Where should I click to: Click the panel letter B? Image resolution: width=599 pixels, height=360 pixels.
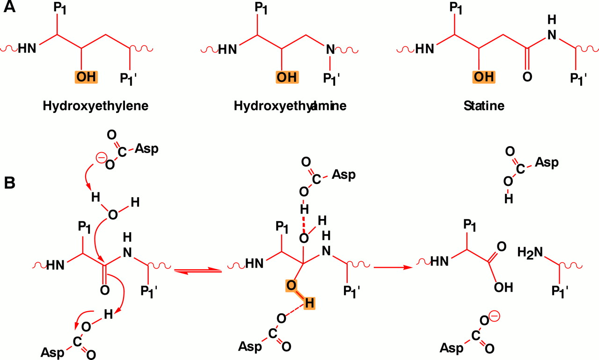click(x=10, y=183)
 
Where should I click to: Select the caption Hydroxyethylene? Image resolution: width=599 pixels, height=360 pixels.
click(x=95, y=106)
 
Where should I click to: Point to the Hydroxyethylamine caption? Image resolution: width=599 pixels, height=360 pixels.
click(x=290, y=106)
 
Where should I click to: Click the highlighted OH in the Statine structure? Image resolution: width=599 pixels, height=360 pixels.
click(x=484, y=76)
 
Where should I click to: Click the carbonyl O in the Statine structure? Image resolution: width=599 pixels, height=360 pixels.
click(x=527, y=77)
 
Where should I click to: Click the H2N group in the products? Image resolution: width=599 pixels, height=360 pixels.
click(x=530, y=253)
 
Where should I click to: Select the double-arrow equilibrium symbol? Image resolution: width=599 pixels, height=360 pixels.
click(x=198, y=270)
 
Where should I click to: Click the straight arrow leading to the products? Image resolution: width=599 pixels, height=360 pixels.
click(x=393, y=267)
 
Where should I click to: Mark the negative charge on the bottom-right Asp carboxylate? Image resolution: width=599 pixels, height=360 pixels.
click(x=495, y=317)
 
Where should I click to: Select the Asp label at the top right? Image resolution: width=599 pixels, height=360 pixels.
click(x=547, y=162)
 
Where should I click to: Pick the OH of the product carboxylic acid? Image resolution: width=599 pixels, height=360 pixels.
click(x=503, y=287)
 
